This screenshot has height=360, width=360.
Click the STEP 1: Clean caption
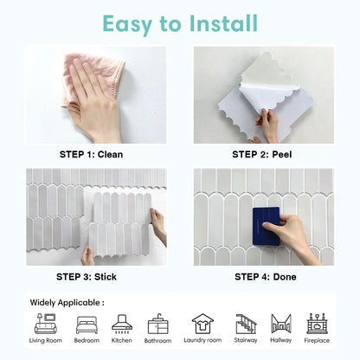click(91, 155)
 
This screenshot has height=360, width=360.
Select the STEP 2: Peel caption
click(263, 155)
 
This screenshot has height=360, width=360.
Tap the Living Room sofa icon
click(45, 323)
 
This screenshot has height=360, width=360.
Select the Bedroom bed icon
click(87, 324)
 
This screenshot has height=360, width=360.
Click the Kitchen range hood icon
click(122, 323)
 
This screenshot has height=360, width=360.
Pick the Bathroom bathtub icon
click(158, 324)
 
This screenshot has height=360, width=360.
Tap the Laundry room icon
click(202, 323)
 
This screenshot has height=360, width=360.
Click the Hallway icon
click(281, 323)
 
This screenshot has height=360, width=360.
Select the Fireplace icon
click(317, 323)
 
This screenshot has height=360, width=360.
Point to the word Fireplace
click(317, 341)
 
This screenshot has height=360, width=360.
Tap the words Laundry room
click(202, 341)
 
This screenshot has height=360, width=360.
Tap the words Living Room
click(45, 341)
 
